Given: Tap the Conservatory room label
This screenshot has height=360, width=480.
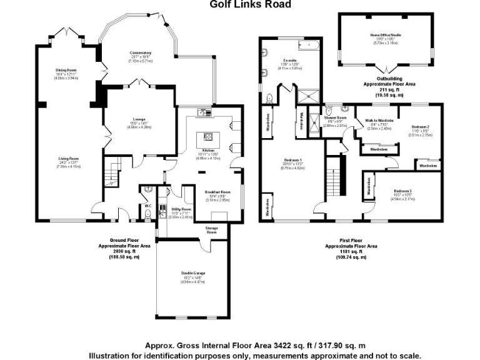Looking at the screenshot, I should click(x=141, y=52).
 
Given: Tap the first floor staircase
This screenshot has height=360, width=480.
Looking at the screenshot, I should click(x=337, y=175).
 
